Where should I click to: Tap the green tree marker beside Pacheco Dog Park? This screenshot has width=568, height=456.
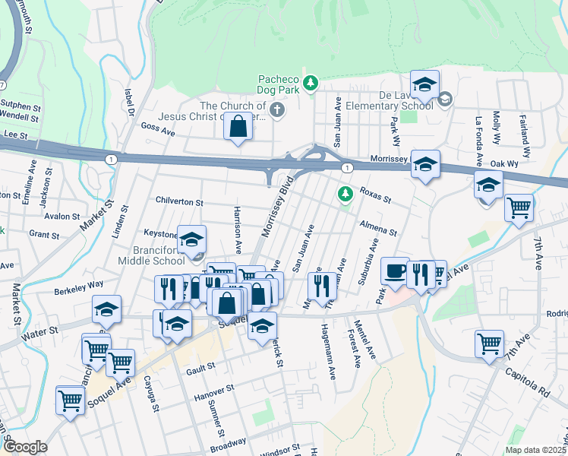click(x=310, y=83)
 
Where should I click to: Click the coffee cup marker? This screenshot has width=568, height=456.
click(x=395, y=271)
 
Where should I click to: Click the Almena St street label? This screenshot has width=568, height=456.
click(x=378, y=229)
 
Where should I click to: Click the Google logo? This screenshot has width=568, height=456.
click(x=25, y=447)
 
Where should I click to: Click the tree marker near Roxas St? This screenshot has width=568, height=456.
click(x=346, y=195)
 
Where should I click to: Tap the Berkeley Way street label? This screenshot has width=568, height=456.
click(x=78, y=286)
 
